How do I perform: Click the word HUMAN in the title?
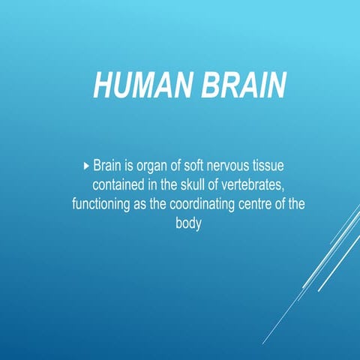pyautogui.click(x=140, y=85)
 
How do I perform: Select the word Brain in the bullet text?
pyautogui.click(x=108, y=164)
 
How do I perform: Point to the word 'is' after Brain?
pyautogui.click(x=132, y=164)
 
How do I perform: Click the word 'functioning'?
pyautogui.click(x=100, y=204)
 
